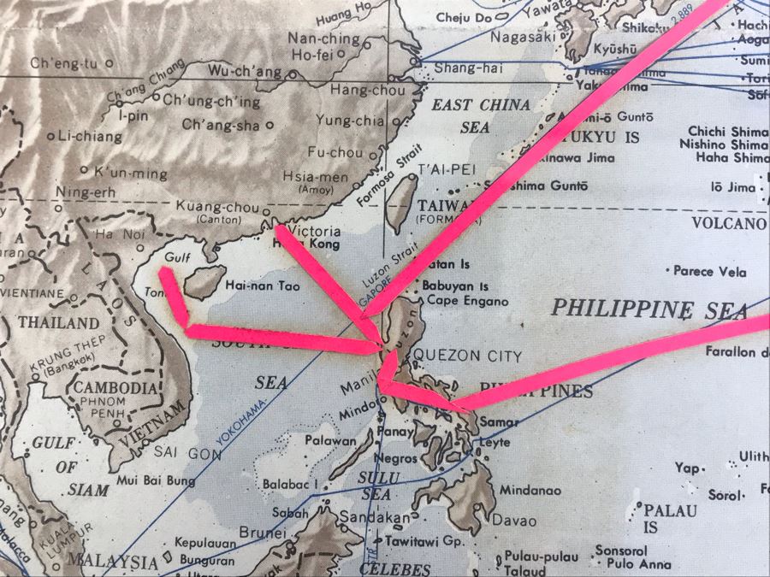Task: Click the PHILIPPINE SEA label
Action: pyautogui.click(x=650, y=309)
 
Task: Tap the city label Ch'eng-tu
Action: pyautogui.click(x=64, y=63)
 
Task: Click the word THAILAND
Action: pyautogui.click(x=59, y=323)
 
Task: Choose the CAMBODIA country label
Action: pyautogui.click(x=116, y=387)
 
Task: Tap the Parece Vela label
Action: pyautogui.click(x=709, y=272)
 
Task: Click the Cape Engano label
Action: pyautogui.click(x=467, y=301)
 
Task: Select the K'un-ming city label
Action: pyautogui.click(x=130, y=174)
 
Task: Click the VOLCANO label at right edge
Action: pyautogui.click(x=728, y=224)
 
